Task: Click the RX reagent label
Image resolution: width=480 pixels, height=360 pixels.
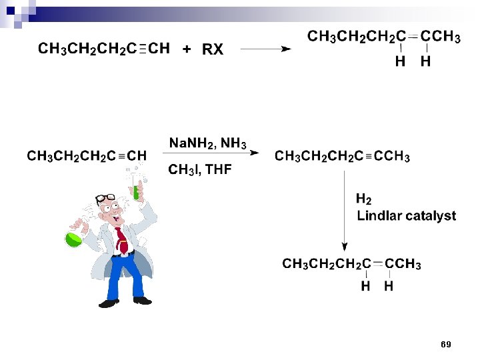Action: point(213,49)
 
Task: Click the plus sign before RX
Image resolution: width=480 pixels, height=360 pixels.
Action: point(187,49)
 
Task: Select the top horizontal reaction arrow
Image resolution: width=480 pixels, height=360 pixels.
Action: point(265,49)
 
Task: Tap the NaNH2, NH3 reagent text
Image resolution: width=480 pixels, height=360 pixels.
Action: point(207,143)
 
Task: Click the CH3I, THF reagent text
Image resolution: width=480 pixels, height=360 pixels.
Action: point(199,170)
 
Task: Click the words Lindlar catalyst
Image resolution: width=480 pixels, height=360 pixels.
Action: point(406,216)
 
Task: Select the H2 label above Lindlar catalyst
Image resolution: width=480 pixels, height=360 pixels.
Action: point(363,199)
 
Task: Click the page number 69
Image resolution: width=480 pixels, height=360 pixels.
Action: point(446,345)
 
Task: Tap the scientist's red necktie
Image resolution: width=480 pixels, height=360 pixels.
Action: point(121,239)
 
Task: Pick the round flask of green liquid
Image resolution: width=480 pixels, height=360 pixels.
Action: point(73,237)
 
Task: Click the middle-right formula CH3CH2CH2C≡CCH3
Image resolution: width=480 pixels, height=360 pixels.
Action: point(342,157)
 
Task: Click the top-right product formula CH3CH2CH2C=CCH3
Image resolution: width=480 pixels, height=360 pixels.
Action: point(383,37)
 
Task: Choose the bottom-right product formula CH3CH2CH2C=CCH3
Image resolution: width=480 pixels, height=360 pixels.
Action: point(351,265)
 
